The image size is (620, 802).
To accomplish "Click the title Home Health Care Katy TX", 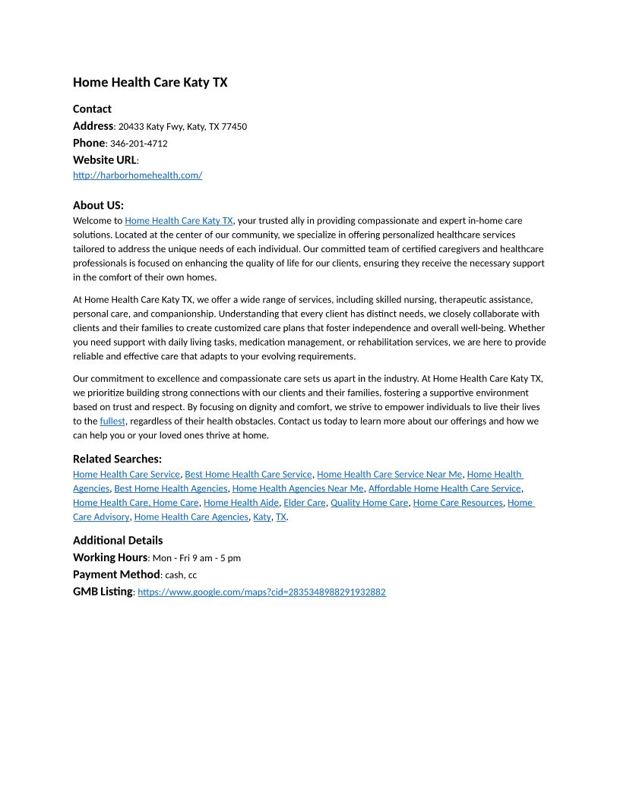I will click(150, 82).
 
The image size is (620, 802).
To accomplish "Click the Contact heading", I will click(92, 109).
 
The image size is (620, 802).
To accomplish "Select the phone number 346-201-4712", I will click(138, 144).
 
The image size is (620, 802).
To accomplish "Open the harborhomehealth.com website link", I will click(138, 175).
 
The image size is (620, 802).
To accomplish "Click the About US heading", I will click(98, 205).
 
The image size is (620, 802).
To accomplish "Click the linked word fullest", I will click(112, 421).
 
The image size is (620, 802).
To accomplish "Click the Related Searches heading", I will click(117, 459).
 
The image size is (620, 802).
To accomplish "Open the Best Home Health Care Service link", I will click(248, 474).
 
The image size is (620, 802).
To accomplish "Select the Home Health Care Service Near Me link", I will click(389, 474).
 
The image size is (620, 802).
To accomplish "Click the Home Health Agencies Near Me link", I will click(298, 488).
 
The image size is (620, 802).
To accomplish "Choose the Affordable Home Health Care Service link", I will click(444, 488).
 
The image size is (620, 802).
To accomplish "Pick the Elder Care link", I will click(305, 503).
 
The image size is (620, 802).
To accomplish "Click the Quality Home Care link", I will click(369, 503).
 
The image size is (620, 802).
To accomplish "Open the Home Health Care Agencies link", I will click(191, 517).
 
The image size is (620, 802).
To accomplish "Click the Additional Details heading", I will click(118, 540).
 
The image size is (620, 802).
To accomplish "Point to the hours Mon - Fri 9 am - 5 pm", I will click(197, 558).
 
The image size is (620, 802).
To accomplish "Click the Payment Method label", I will click(116, 574).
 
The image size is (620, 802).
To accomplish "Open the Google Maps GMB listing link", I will click(261, 592).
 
